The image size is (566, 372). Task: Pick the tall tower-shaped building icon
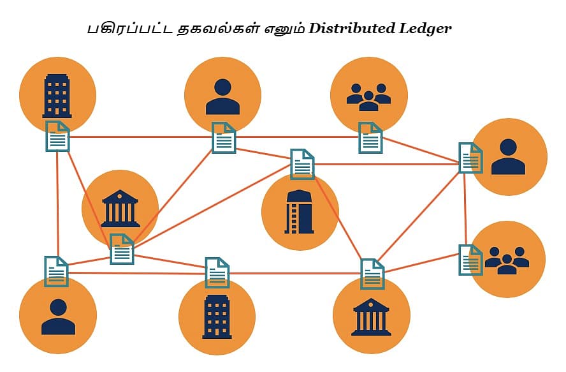click(300, 212)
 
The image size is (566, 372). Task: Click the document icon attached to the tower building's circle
click(302, 164)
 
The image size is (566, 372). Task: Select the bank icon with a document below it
click(120, 207)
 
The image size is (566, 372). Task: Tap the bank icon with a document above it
click(371, 316)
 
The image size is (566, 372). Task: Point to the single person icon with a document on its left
click(508, 157)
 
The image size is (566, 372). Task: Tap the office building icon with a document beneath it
click(57, 96)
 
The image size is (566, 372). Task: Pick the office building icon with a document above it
click(217, 316)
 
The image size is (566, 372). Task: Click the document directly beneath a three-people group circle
click(370, 138)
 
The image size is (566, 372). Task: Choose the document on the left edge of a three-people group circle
click(470, 260)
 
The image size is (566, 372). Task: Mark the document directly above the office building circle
click(217, 272)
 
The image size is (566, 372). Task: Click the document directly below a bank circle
click(122, 249)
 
